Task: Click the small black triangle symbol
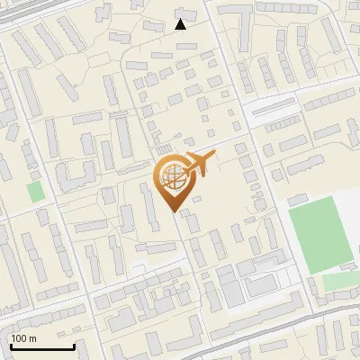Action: pos(181,24)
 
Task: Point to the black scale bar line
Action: pos(42,346)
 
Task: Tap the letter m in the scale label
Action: pos(33,338)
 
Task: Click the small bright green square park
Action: pos(35,192)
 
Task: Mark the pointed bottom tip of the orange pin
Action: pos(175,212)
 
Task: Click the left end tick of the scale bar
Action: pos(11,345)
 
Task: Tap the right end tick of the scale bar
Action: pos(74,345)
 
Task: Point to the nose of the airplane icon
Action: pos(214,157)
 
